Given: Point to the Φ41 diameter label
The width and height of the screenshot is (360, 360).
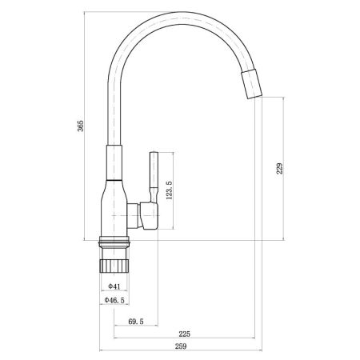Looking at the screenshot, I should coord(114,286).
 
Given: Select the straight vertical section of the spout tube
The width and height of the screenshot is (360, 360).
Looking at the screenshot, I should coord(113,112).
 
